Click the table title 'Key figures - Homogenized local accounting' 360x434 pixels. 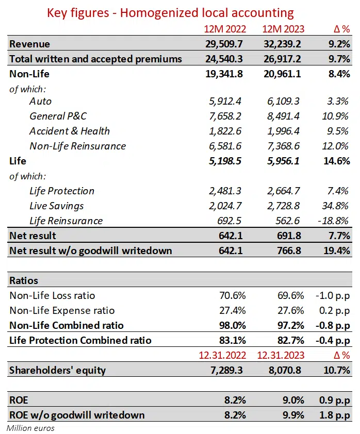point(170,13)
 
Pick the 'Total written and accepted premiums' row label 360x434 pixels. point(95,59)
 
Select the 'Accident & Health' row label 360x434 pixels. point(70,131)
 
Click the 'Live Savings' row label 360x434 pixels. point(57,206)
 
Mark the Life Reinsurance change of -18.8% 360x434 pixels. point(334,221)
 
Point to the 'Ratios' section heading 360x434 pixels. point(24,281)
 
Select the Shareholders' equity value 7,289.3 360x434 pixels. point(227,370)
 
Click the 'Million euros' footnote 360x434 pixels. point(31,428)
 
